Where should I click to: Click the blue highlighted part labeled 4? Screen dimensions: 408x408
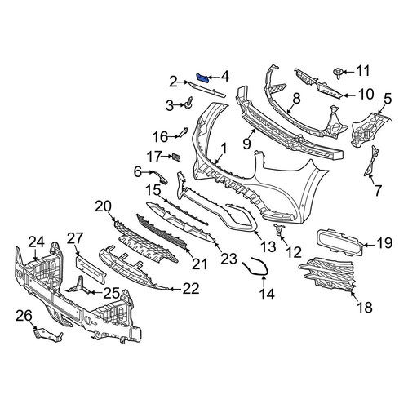pos(202,78)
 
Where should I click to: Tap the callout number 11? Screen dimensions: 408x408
pos(363,71)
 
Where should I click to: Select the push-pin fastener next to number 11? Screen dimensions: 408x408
pos(338,73)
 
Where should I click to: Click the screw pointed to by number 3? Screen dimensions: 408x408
pos(188,103)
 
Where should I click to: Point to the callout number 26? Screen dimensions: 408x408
pos(24,316)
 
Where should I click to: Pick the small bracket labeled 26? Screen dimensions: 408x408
pos(48,335)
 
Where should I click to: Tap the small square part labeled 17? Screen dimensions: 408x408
pos(175,157)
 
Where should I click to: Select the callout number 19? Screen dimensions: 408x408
pos(384,243)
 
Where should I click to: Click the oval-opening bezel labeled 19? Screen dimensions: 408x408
pos(339,242)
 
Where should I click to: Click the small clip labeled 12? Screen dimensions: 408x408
pos(278,229)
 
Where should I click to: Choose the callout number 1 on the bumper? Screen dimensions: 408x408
pos(224,149)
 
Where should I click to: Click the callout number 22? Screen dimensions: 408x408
pos(191,289)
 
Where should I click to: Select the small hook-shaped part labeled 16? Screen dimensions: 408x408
pos(182,132)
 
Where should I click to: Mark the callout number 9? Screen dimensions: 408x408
pos(246,143)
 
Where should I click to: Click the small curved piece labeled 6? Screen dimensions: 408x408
pos(161,177)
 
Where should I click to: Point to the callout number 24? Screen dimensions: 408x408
pos(37,242)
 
